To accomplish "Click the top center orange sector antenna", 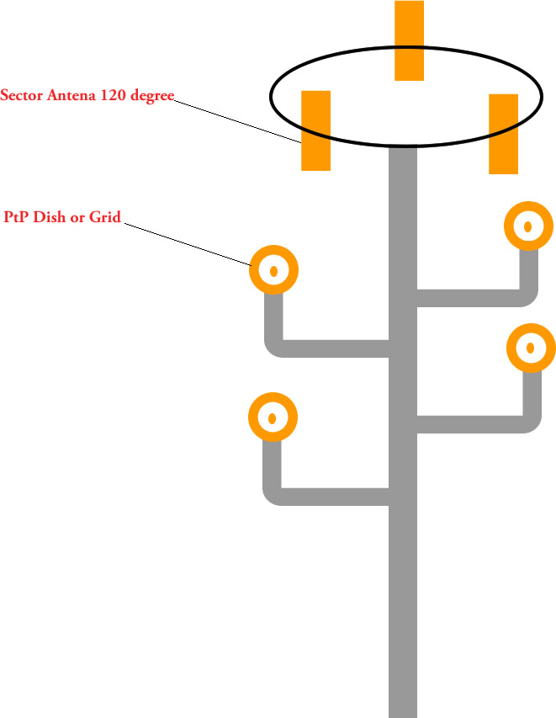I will click(x=409, y=40).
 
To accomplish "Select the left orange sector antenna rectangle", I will click(x=315, y=130).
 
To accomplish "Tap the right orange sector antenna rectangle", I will click(x=503, y=134).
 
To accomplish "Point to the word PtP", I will click(x=17, y=218).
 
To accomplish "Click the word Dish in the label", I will click(x=49, y=218).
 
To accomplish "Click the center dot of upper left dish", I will click(x=273, y=271).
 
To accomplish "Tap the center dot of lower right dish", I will click(x=531, y=347).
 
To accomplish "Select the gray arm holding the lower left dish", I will click(x=328, y=496).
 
